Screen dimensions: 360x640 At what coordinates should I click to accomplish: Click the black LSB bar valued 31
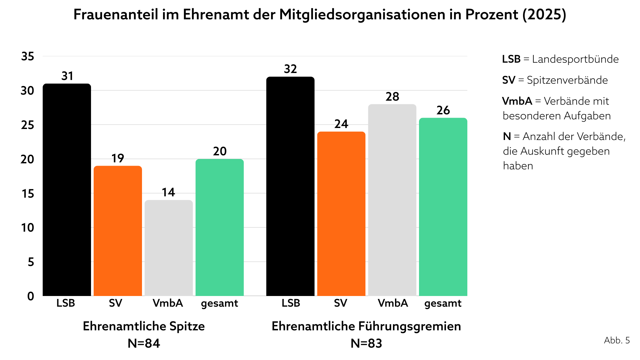tap(67, 190)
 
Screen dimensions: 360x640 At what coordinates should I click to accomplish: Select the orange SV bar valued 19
tap(118, 231)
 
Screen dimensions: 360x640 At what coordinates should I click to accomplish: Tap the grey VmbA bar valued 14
tap(169, 248)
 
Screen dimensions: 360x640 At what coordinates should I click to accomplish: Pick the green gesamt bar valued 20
tap(220, 227)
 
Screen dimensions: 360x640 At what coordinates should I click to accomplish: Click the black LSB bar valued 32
tap(290, 186)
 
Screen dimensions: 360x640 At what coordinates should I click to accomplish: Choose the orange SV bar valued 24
tap(341, 214)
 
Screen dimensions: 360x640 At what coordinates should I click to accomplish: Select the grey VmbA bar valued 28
tap(392, 200)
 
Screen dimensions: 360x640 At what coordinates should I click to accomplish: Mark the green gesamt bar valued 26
tap(443, 207)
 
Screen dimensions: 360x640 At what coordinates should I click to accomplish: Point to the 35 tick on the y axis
tap(28, 56)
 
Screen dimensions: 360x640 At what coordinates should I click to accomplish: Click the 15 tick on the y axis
tap(28, 194)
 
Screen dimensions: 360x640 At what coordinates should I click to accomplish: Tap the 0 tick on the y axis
tap(31, 296)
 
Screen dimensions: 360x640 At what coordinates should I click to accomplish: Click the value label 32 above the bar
tap(290, 69)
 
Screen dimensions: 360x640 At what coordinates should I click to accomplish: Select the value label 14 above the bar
tap(168, 192)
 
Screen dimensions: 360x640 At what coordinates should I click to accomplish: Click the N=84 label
tap(144, 343)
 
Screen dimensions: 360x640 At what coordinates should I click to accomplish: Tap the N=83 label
tap(366, 343)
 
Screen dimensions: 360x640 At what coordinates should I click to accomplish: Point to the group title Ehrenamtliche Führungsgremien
tap(366, 326)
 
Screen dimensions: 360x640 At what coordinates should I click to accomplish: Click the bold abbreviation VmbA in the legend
tap(517, 101)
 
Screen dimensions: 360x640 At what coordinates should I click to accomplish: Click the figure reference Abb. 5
tap(617, 340)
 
